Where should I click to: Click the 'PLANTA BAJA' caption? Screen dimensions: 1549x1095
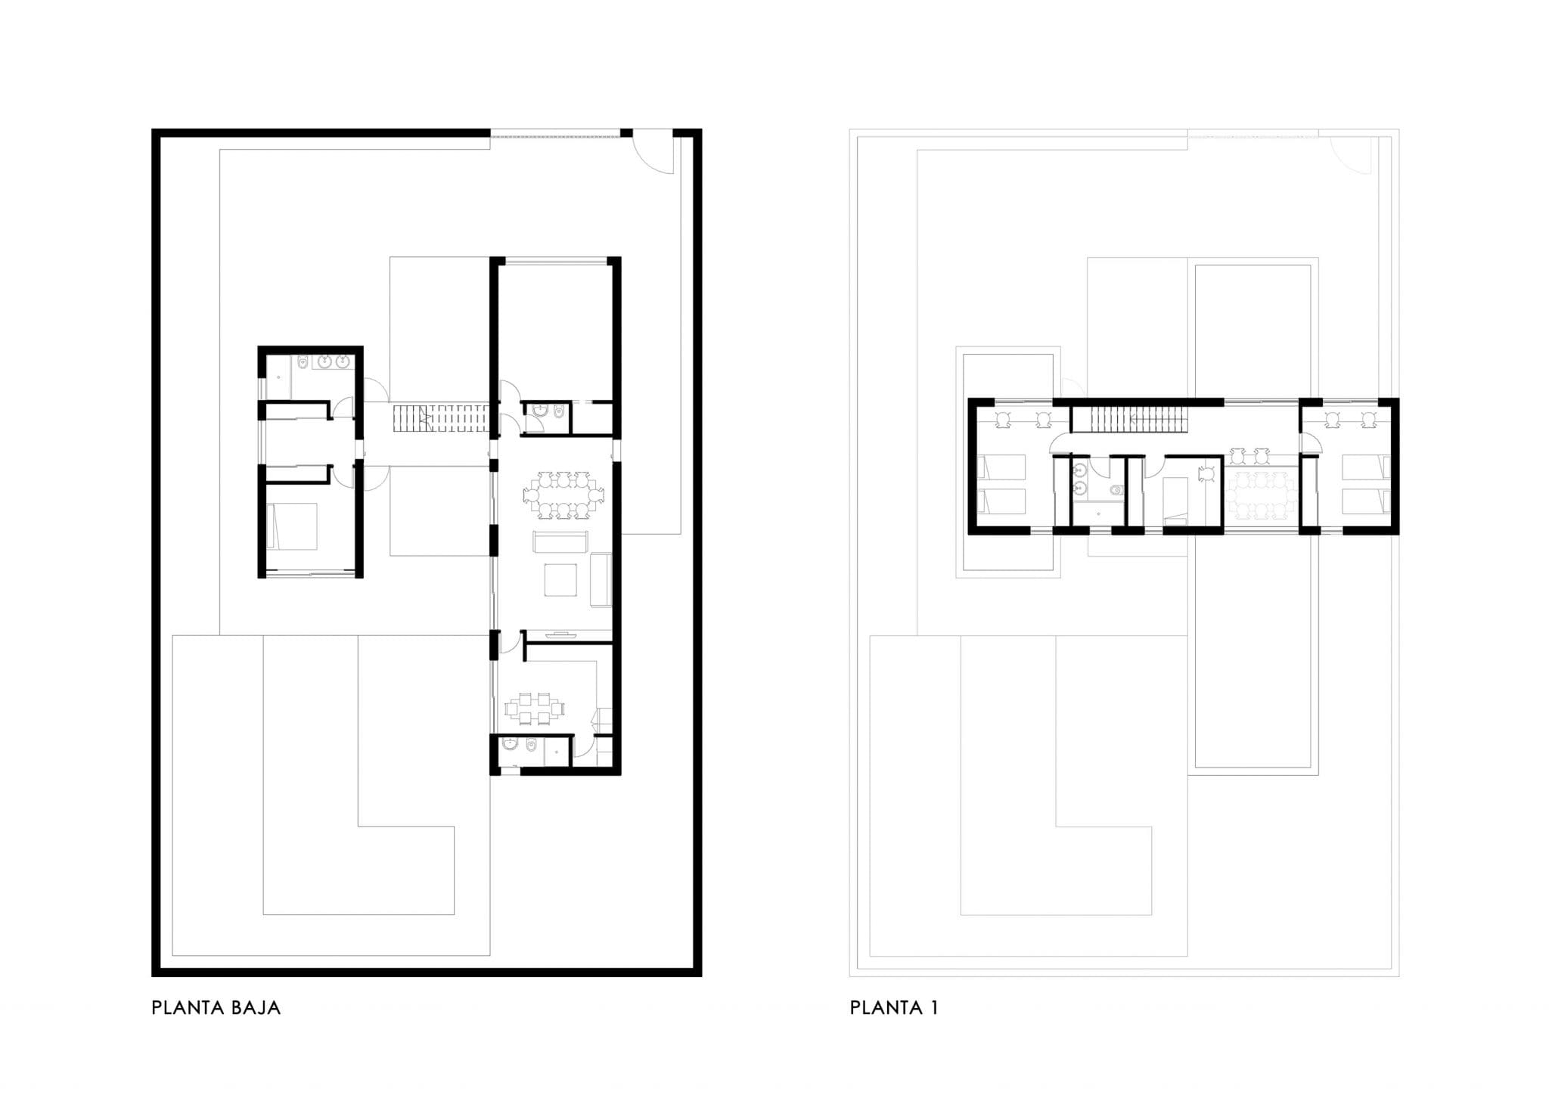[x=216, y=1008]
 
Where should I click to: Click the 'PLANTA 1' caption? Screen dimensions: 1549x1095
[x=894, y=1008]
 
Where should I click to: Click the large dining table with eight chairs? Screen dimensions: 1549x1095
[x=563, y=495]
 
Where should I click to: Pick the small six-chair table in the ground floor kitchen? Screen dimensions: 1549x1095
[x=535, y=708]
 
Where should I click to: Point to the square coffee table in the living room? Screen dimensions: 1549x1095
[x=561, y=579]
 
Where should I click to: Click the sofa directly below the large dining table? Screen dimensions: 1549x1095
[x=561, y=542]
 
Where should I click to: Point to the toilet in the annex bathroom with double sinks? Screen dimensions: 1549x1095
[x=303, y=364]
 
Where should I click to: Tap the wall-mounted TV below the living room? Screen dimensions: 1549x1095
[x=561, y=634]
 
